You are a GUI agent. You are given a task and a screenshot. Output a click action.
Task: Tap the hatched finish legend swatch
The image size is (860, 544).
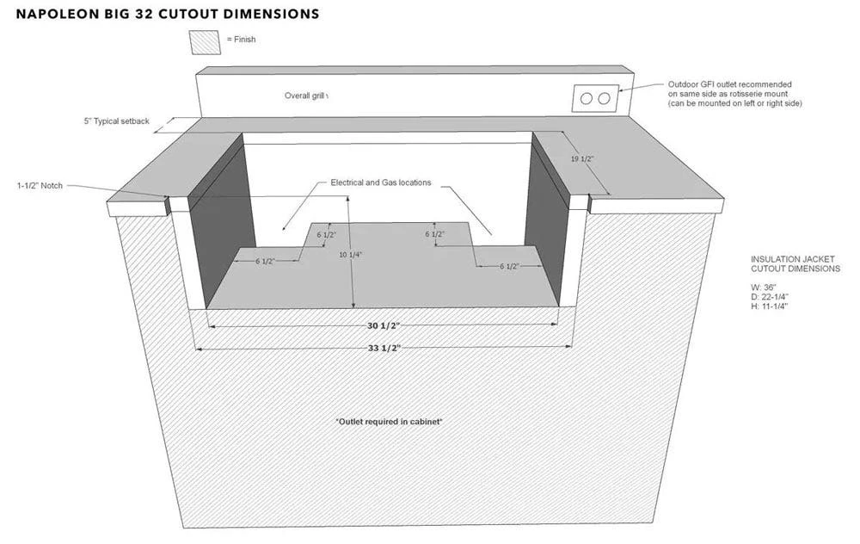[x=206, y=40]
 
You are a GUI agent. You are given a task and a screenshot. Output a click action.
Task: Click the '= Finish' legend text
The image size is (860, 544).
[x=242, y=40]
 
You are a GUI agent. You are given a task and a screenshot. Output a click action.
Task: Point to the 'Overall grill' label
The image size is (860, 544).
[x=306, y=96]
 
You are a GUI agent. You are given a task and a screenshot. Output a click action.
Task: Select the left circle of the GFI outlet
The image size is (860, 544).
[x=587, y=98]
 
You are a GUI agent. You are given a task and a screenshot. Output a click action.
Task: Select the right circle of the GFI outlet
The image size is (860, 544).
[x=605, y=98]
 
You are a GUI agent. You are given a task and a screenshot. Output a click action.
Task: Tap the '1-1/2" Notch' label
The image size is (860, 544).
[x=40, y=185]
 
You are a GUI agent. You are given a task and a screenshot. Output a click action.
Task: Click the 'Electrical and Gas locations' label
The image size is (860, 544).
[x=381, y=182]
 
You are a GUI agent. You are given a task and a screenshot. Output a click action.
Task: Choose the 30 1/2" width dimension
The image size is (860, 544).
[x=383, y=327]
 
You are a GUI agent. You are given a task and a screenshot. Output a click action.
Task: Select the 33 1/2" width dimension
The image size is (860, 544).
[x=383, y=347]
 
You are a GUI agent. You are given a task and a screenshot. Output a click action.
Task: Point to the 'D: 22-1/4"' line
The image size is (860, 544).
[x=770, y=297]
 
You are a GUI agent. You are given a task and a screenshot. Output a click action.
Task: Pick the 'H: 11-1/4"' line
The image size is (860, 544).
[x=770, y=306]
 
